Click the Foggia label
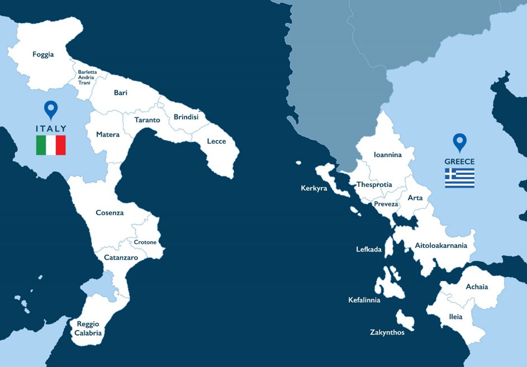[43, 54]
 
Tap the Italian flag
[51, 145]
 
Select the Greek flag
[459, 178]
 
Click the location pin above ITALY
[51, 109]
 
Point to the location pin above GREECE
[459, 142]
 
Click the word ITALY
[51, 129]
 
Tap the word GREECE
[459, 162]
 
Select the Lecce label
[216, 141]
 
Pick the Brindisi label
[186, 117]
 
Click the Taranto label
[148, 120]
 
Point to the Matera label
[108, 134]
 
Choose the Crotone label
[145, 242]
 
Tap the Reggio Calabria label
[88, 328]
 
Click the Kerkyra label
[314, 189]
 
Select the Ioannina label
[388, 155]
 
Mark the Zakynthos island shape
[405, 320]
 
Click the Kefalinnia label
[364, 300]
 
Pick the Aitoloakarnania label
[440, 245]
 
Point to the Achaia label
[477, 287]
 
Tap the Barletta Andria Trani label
[87, 77]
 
